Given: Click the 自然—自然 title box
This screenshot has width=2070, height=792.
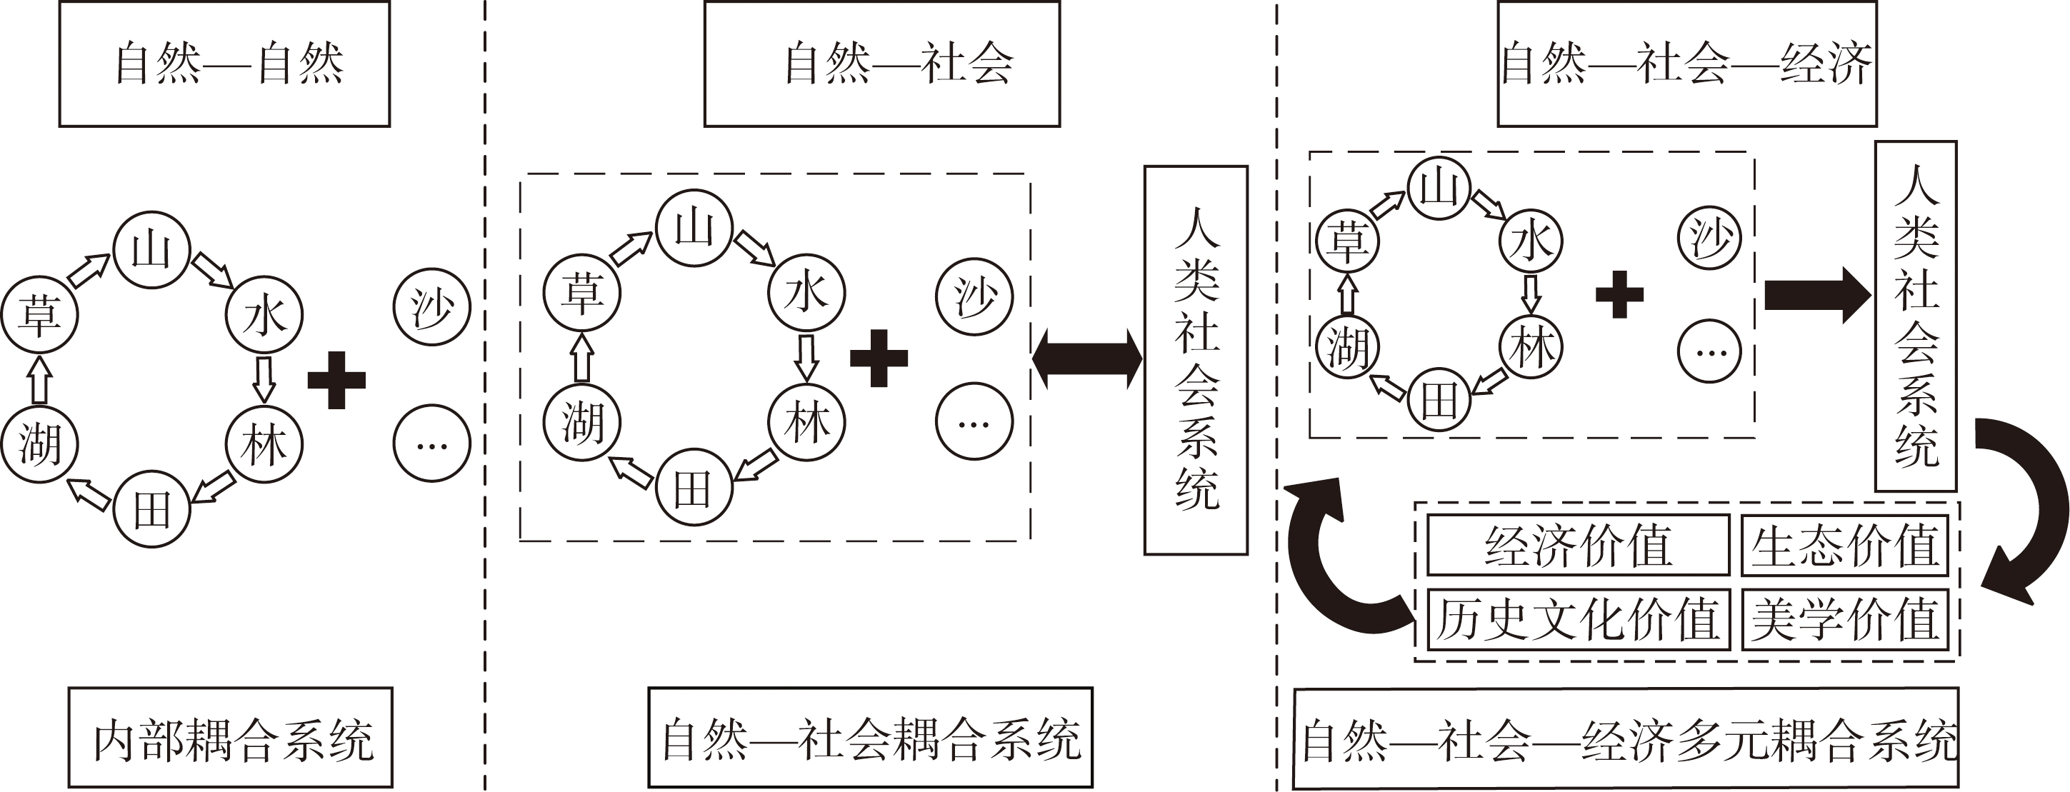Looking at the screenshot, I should click(224, 64).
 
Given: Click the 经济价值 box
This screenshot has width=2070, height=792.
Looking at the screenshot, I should click(1577, 546).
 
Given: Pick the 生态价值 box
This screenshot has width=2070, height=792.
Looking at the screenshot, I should click(1845, 546).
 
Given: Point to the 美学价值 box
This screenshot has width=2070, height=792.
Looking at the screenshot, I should click(1845, 619).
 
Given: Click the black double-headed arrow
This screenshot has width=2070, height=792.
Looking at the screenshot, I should click(1086, 359).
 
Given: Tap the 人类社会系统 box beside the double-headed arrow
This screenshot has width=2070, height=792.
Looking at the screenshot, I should click(1196, 360).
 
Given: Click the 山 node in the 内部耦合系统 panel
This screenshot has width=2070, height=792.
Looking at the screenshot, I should click(152, 250).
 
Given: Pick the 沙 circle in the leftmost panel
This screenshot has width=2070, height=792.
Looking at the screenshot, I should click(431, 307).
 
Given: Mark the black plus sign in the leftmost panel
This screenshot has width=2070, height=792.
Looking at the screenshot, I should click(336, 380).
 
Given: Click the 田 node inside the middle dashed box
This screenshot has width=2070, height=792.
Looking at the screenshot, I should click(694, 488).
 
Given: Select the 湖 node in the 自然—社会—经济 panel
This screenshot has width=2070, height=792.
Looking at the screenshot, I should click(1347, 347).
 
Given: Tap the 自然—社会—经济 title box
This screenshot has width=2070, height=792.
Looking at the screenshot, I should click(1686, 64).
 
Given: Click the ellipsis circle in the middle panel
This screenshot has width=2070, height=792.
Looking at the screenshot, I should click(974, 421).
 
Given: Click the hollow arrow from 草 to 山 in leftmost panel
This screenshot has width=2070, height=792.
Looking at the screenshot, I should click(89, 270).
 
